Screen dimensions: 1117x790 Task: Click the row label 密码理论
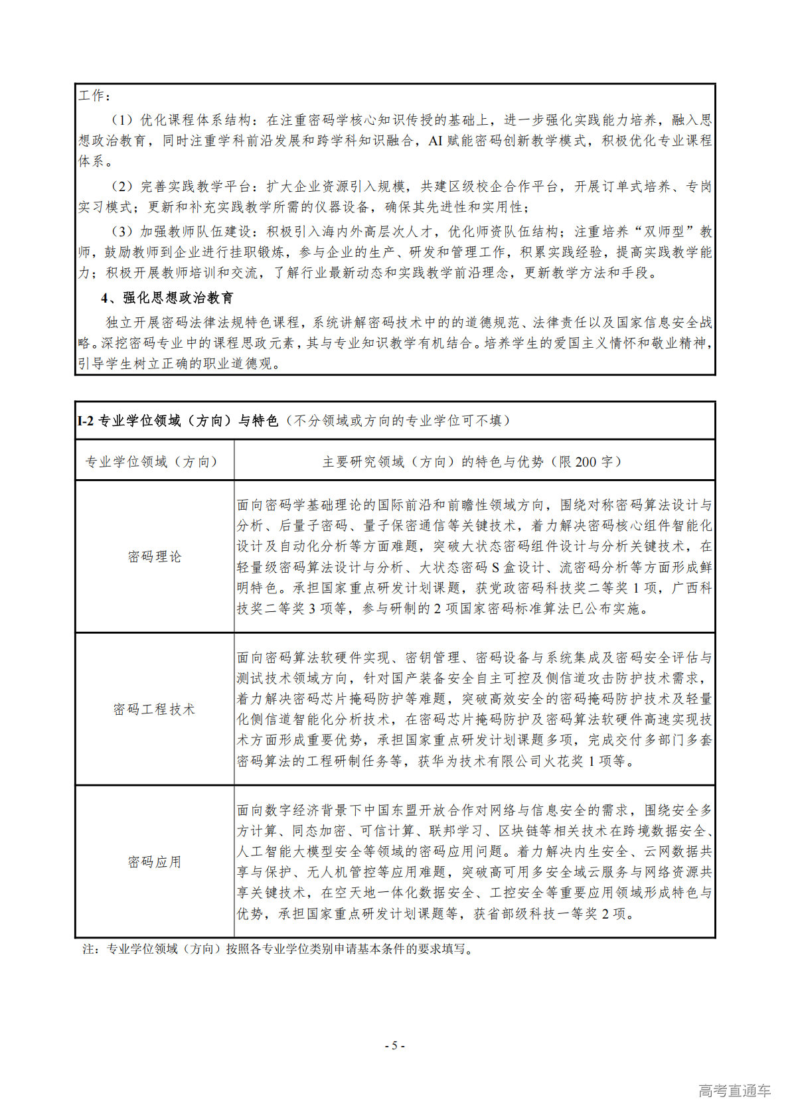154,557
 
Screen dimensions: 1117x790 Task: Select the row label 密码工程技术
154,709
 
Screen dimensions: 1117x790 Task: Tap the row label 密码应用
154,862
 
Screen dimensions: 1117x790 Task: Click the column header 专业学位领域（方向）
151,462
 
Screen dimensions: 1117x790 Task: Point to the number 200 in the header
586,462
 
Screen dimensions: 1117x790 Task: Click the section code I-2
86,421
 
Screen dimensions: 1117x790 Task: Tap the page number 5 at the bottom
394,1046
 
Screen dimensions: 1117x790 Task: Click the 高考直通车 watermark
734,1090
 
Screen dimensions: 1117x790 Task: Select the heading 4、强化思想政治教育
167,298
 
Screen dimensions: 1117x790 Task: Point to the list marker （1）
121,120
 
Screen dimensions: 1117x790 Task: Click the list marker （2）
121,186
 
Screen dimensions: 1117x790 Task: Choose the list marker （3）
121,232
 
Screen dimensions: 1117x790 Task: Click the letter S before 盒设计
495,567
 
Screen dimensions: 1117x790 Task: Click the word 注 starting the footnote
88,949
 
